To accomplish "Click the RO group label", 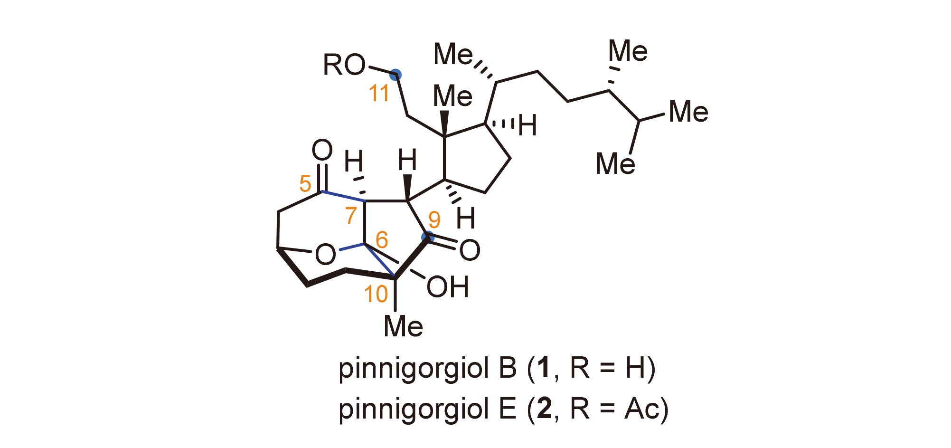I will tap(344, 65).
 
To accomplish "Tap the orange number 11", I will tap(379, 93).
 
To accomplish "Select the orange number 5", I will tap(305, 183).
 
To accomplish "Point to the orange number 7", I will tap(351, 215).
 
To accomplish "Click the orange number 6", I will tap(381, 240).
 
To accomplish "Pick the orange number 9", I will tap(434, 219).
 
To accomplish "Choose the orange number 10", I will tap(376, 294).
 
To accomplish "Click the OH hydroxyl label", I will tap(447, 287).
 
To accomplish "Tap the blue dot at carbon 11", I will tap(395, 75).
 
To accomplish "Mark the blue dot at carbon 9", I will tap(428, 237).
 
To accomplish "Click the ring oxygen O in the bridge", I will tap(325, 255).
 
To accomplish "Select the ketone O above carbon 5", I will tap(322, 150).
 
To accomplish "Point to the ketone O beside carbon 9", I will tap(470, 250).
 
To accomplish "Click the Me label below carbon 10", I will tap(403, 327).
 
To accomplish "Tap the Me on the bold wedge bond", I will tap(452, 96).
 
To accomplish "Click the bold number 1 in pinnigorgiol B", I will tap(544, 368).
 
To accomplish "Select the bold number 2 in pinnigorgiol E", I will tap(544, 409).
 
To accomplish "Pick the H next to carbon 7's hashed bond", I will tap(354, 162).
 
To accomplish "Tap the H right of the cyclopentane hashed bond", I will tap(527, 126).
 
